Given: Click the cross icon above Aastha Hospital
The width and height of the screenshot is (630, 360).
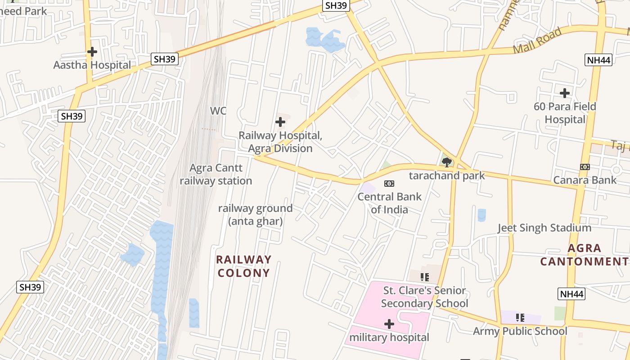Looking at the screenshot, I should tap(92, 52).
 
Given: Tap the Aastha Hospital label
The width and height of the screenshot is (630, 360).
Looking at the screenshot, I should tap(92, 65).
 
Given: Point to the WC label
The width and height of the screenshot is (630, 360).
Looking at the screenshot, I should tap(218, 111).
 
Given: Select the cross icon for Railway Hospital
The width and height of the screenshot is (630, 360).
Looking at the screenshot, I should tap(280, 122).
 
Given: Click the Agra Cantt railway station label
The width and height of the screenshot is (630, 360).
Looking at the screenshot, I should tap(216, 175).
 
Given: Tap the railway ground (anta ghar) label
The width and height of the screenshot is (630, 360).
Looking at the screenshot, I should tap(255, 215).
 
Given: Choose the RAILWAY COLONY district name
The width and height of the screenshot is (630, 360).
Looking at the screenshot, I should tap(244, 266).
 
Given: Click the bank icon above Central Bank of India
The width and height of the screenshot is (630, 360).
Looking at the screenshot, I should tap(389, 184).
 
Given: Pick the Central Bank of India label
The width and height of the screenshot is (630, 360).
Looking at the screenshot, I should tap(390, 203).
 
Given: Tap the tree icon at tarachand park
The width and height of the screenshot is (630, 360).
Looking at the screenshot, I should tap(447, 162).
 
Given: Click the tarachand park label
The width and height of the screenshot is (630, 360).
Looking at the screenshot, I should tap(447, 175).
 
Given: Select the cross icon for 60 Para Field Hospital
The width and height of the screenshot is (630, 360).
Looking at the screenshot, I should tap(565, 93).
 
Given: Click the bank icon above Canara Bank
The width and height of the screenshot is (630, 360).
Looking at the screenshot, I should tap(585, 167).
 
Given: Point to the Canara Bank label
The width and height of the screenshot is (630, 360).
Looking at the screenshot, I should tap(585, 180).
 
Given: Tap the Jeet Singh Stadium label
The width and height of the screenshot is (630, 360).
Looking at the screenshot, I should tap(544, 228).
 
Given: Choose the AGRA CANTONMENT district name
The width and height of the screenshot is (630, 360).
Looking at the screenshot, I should tap(584, 255).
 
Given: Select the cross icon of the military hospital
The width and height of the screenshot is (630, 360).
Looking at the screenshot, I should tap(389, 324).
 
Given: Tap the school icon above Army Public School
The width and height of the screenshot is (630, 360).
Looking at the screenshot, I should tap(520, 318).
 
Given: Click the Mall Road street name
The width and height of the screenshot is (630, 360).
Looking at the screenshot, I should tap(537, 40).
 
